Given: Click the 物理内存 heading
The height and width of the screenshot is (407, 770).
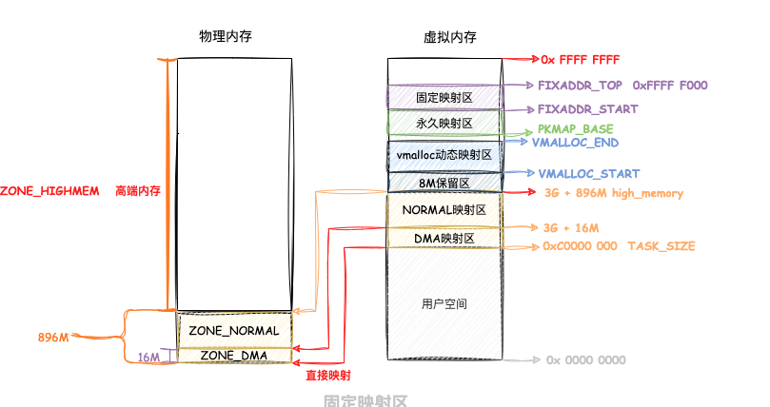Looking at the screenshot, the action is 225,35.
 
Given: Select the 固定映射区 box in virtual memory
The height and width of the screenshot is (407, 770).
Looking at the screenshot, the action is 444,96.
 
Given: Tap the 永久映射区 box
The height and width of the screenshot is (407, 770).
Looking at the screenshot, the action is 444,124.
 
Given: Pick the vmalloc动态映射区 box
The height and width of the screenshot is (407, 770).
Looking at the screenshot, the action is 444,154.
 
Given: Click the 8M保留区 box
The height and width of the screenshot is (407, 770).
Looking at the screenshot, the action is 444,182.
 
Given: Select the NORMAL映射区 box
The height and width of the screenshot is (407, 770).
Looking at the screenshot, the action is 444,209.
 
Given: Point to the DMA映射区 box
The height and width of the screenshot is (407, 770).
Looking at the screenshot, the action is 444,238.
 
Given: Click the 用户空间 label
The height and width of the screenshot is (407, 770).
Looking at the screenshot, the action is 444,303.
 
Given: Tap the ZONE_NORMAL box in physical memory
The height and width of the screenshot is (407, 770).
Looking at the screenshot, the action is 233,331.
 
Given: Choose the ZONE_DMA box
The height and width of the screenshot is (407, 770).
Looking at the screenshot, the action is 233,356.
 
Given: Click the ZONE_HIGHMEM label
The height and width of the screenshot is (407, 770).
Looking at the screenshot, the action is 49,191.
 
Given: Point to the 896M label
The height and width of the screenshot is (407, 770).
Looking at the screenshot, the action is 54,338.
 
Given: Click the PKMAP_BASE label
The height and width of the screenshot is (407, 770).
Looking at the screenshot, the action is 575,128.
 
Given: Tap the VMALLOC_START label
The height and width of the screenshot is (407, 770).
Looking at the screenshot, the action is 588,174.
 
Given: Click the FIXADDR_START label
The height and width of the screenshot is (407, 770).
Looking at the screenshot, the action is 587,109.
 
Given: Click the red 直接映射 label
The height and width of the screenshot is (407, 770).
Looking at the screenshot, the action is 326,376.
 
